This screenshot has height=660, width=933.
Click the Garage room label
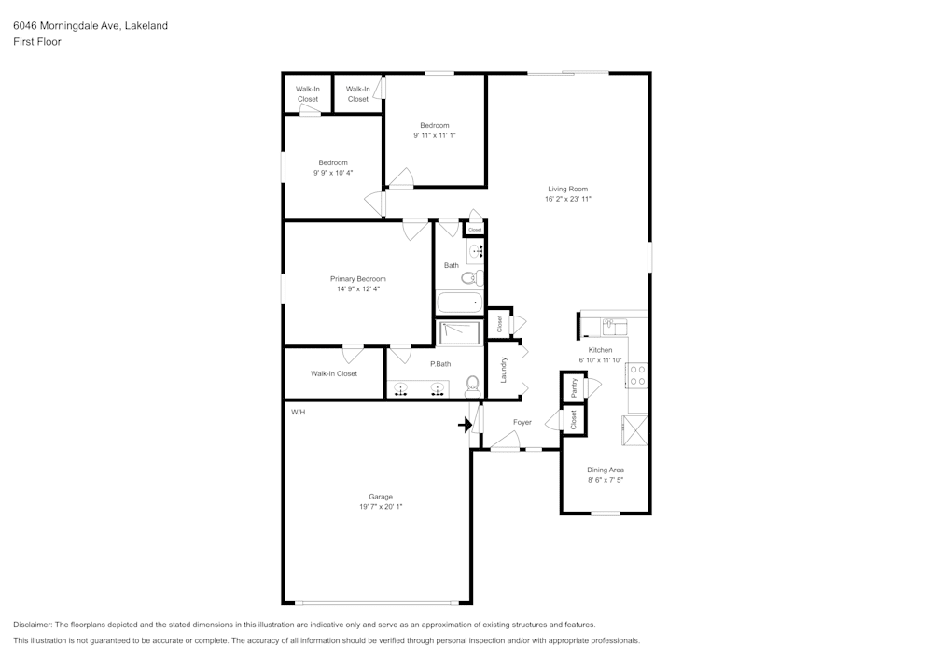[x=381, y=497]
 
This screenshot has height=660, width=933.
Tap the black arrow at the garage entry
[x=465, y=425]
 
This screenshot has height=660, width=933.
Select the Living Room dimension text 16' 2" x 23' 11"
[x=567, y=199]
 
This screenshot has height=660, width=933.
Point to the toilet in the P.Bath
[x=472, y=386]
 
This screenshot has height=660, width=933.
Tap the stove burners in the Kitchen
[x=637, y=375]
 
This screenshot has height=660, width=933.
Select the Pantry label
[x=574, y=387]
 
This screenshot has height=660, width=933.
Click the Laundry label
[x=504, y=370]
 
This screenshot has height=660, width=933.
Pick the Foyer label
[x=522, y=422]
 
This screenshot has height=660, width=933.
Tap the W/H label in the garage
[x=299, y=412]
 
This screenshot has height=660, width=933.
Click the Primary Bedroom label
[x=358, y=278]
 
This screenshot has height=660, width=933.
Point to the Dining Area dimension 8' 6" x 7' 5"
[x=606, y=480]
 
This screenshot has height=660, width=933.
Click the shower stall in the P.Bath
[x=459, y=333]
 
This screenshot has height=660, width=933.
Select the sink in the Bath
[x=476, y=252]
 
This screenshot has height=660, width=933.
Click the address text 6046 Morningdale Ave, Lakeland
[x=91, y=25]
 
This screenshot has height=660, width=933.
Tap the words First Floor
[x=37, y=42]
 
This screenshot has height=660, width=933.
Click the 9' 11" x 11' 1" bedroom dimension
[x=435, y=135]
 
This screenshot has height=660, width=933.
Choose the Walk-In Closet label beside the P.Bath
[x=334, y=373]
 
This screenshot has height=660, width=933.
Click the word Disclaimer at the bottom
[x=32, y=625]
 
